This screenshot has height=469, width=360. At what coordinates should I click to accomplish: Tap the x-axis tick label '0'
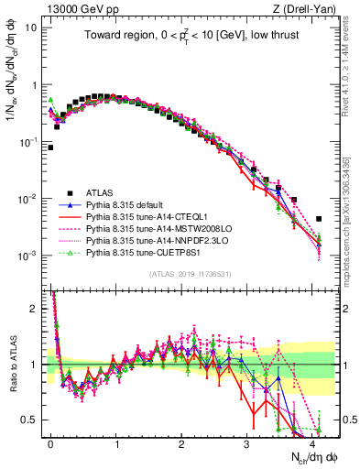(51, 442)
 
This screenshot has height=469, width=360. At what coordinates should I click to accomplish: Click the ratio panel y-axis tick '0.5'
(31, 420)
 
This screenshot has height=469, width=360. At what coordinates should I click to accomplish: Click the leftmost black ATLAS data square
(50, 147)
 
